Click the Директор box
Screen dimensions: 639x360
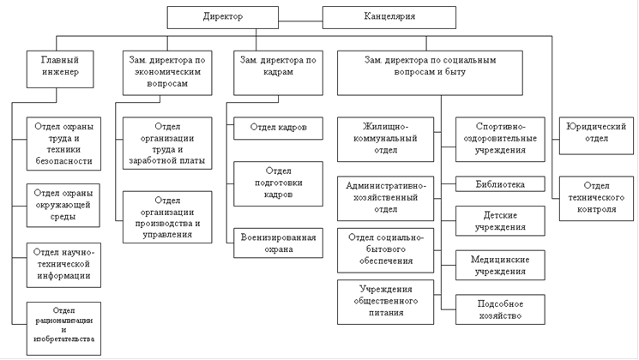[223, 17]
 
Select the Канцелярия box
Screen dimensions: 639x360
[389, 17]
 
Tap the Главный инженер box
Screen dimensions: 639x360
[60, 69]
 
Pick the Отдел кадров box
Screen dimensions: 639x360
[279, 129]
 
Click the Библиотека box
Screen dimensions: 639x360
[500, 184]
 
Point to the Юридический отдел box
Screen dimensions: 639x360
[596, 135]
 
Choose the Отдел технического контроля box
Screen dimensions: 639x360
[596, 198]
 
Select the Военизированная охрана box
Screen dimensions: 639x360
[279, 243]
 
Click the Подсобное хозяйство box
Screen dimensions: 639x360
[500, 309]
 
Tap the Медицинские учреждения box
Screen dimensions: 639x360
[500, 265]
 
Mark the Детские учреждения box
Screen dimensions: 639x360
[500, 221]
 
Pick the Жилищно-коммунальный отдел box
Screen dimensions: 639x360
[385, 139]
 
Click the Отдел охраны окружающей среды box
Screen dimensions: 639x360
[63, 205]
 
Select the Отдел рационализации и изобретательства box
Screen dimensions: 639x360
[63, 328]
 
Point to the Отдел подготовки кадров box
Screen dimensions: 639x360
[279, 183]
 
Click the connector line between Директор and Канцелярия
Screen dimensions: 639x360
[301, 21]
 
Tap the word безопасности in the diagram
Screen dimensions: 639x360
[63, 161]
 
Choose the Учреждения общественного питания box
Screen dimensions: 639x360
[385, 302]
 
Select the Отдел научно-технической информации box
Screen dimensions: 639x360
[63, 265]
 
